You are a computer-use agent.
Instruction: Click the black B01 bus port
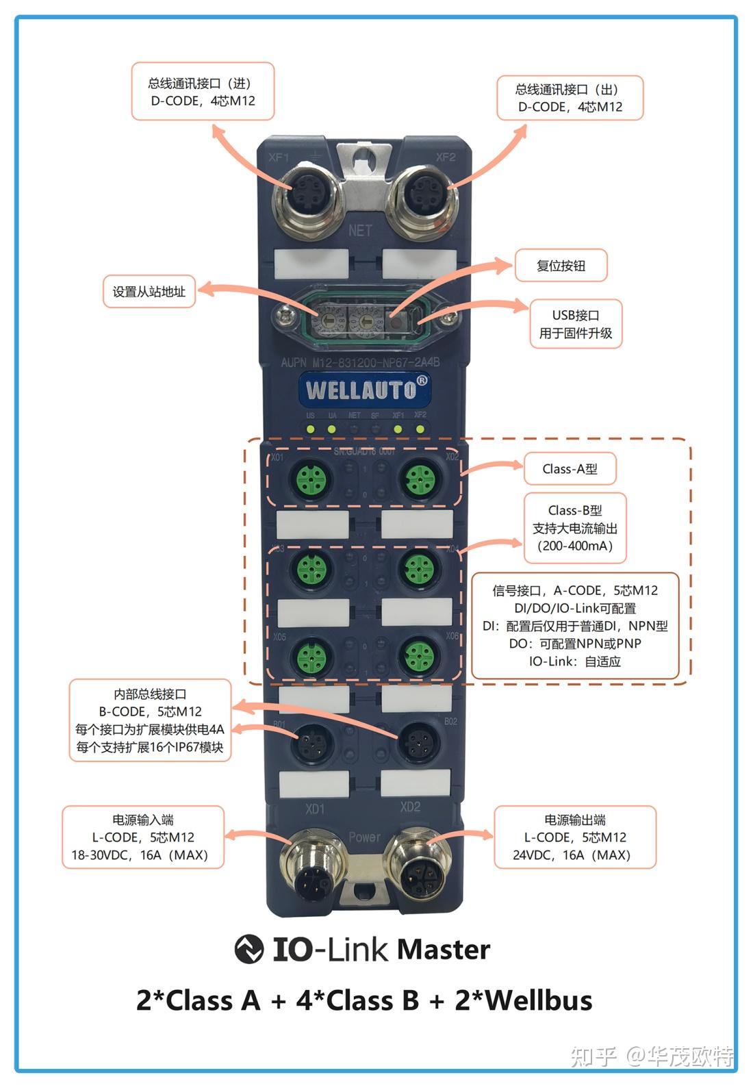tap(313, 741)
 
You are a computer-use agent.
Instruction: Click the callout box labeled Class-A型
tap(570, 469)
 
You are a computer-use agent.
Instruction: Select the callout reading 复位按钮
tap(561, 266)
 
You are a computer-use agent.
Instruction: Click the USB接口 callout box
tap(576, 324)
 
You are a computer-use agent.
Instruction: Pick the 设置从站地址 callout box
tap(149, 292)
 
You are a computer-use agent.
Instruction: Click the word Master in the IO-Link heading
tap(443, 950)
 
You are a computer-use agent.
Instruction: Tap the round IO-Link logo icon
tap(248, 949)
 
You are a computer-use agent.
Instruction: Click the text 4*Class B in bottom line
tap(357, 1000)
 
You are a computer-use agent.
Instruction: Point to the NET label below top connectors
tap(360, 231)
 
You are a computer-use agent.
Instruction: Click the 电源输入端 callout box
tap(142, 837)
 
